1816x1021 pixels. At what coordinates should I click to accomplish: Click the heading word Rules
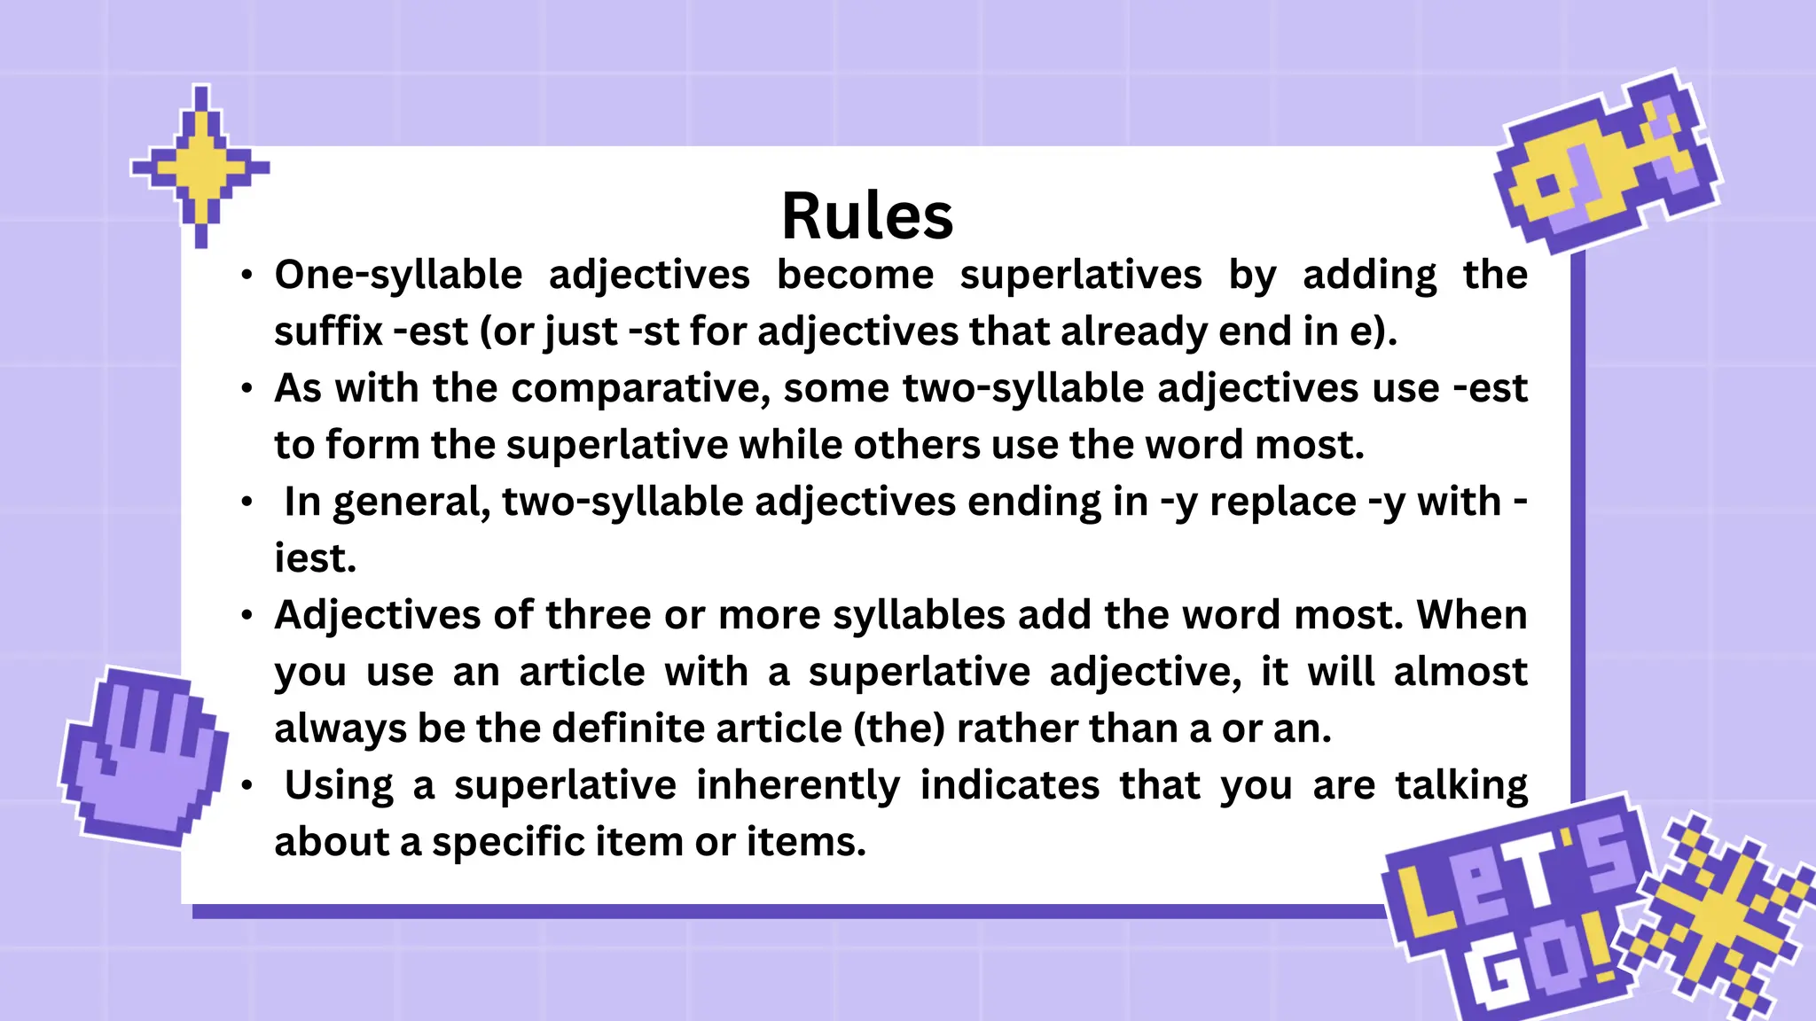(x=866, y=216)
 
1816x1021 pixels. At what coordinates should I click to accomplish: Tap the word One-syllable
(x=398, y=275)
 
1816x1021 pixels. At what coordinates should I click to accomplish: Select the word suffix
(x=327, y=331)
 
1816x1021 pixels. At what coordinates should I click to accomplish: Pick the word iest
(x=315, y=558)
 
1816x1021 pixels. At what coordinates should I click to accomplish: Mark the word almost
(x=1460, y=672)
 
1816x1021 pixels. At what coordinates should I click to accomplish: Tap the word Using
(x=339, y=785)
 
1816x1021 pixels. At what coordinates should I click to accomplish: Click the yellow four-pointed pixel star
(x=201, y=166)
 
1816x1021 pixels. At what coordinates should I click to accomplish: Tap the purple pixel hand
(x=142, y=753)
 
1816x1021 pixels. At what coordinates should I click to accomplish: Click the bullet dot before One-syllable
(x=247, y=275)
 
